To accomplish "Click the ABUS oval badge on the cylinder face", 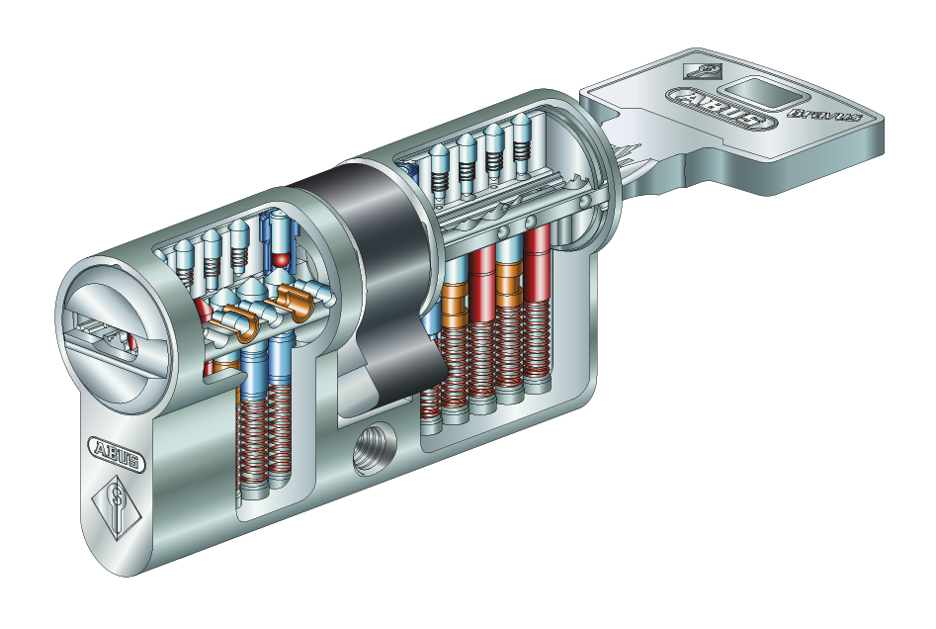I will [117, 450].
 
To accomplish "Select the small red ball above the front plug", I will [282, 259].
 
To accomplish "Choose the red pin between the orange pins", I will [483, 282].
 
